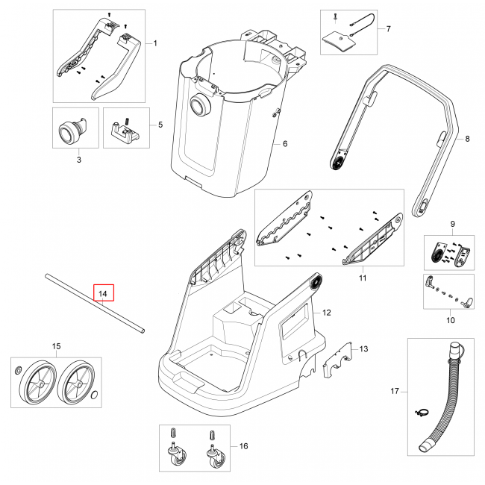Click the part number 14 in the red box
point(104,294)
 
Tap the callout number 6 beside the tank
point(284,143)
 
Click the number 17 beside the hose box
point(395,391)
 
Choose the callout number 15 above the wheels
point(55,346)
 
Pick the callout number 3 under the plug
point(78,159)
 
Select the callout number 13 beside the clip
point(363,348)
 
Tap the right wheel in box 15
point(77,383)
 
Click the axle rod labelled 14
point(93,305)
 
